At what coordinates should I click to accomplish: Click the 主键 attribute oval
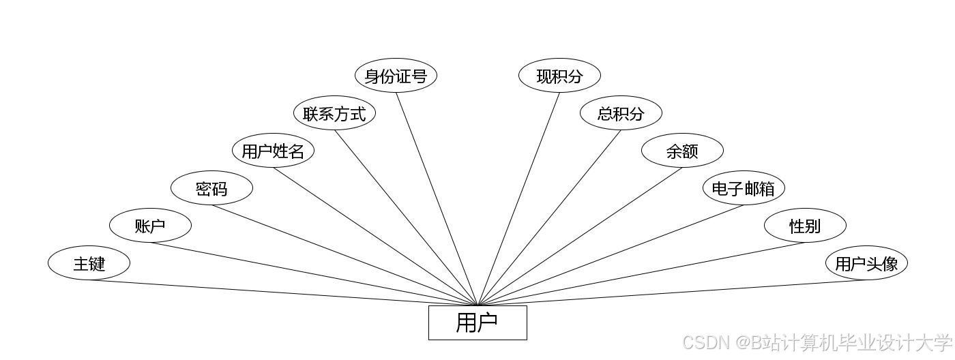pos(89,263)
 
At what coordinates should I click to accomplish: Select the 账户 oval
pos(150,226)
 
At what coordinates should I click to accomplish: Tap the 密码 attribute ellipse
pos(211,188)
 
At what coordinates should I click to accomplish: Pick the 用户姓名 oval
pos(273,151)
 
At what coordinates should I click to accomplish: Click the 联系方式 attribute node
pos(334,113)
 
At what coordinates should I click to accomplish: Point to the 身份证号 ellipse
pos(396,76)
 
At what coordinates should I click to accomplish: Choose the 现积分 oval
pos(559,76)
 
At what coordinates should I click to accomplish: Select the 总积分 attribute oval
pos(621,113)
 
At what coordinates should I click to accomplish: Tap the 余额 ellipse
pos(682,151)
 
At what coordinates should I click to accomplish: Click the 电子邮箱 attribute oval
pos(744,188)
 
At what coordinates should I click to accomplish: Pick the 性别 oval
pos(805,226)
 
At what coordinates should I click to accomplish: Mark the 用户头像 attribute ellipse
pos(866,263)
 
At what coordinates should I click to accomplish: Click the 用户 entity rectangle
pos(477,322)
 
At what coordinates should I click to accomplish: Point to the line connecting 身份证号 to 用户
pos(437,198)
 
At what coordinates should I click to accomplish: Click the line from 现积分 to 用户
pos(518,198)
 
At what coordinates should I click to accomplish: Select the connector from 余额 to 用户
pos(580,237)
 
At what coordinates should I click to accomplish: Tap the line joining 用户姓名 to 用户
pos(375,237)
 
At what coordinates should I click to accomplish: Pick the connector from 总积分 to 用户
pos(549,217)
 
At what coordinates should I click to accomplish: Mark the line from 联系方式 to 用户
pos(406,217)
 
